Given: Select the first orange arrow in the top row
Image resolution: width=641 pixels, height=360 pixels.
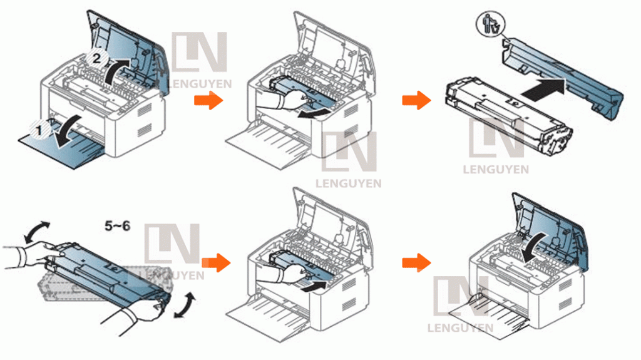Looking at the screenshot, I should [x=208, y=100].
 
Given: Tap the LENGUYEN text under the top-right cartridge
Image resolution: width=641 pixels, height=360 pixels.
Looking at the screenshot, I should [x=495, y=169].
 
